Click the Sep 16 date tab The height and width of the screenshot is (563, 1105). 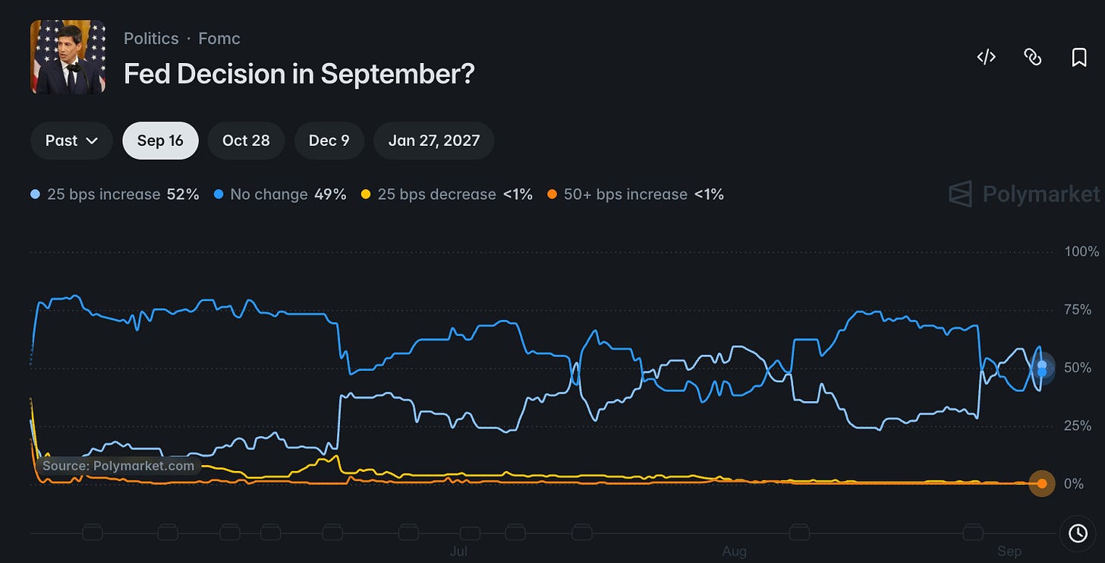[x=160, y=141]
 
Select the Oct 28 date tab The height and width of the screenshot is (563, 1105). [x=246, y=141]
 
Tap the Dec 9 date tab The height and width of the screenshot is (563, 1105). [x=329, y=141]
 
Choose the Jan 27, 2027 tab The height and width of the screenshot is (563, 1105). [x=433, y=141]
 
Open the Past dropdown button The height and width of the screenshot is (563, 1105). [x=71, y=141]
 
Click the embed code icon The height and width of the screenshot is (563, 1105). [x=986, y=57]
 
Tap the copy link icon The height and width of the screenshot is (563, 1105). [x=1032, y=57]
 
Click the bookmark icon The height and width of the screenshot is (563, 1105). [x=1079, y=57]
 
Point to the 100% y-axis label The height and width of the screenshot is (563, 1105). [x=1081, y=251]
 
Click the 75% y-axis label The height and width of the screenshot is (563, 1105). [x=1078, y=310]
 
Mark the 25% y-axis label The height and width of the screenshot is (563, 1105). [x=1078, y=425]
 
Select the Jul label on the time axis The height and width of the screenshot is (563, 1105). [x=458, y=551]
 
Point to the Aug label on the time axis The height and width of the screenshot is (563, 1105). [x=735, y=551]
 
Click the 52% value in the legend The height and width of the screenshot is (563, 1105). [x=182, y=194]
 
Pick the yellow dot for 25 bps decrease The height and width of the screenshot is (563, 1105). [x=366, y=194]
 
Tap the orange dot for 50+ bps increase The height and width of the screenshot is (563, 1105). [x=552, y=194]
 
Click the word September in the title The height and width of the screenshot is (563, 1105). [x=398, y=74]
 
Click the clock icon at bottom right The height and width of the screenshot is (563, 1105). [x=1078, y=533]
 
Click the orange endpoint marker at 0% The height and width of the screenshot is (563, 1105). [x=1042, y=483]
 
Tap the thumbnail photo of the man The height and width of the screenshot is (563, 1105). [x=68, y=57]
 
